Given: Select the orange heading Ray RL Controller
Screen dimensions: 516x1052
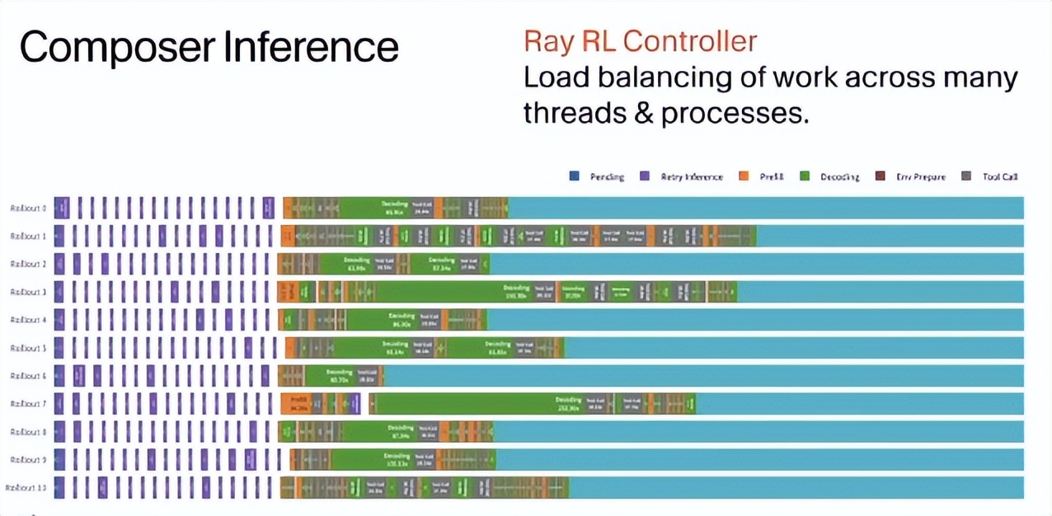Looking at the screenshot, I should (x=640, y=41).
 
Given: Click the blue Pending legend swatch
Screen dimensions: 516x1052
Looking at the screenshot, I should (x=574, y=176).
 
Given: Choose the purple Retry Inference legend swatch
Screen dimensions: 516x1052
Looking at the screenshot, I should (x=645, y=176).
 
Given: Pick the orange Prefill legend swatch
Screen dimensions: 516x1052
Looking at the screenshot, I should (x=744, y=176).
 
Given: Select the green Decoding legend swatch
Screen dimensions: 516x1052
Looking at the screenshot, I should (x=805, y=176).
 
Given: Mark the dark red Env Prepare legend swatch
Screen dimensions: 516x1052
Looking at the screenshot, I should (x=880, y=176).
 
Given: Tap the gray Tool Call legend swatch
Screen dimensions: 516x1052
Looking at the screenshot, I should (x=966, y=176).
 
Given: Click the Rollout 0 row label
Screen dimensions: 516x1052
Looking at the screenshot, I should (x=28, y=208).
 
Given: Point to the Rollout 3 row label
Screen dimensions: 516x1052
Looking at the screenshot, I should (x=28, y=292).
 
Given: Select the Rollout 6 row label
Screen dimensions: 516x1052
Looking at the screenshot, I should (x=28, y=376).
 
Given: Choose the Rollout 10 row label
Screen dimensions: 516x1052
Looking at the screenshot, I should (x=26, y=488).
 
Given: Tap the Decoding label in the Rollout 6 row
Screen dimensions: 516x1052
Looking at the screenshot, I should (x=339, y=373).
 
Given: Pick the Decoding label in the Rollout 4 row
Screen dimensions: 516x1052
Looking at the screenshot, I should (x=402, y=317).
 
